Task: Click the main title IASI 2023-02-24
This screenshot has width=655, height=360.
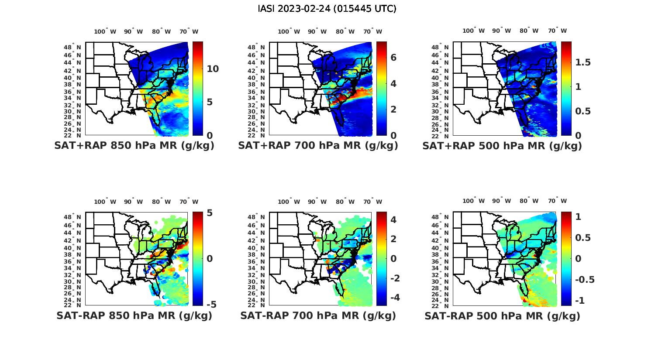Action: click(x=327, y=9)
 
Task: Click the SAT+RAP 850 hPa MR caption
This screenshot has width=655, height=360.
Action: click(x=134, y=146)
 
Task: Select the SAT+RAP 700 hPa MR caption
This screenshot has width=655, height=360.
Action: click(x=318, y=146)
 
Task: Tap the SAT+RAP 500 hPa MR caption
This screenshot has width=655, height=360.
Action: click(x=502, y=146)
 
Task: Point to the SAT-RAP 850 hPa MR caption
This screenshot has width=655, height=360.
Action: click(x=134, y=315)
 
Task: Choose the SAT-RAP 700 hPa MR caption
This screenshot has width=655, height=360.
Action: click(x=318, y=315)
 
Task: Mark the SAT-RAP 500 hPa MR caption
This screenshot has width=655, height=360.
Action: click(x=502, y=315)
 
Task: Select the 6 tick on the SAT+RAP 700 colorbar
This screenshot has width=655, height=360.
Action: click(x=393, y=58)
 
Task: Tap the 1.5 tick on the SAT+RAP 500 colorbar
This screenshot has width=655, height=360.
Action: click(x=583, y=62)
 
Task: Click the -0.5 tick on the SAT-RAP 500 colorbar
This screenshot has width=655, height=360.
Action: click(x=584, y=280)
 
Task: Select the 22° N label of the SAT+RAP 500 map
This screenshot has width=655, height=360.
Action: click(x=444, y=135)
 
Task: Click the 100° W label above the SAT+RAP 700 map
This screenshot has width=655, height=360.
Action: click(x=289, y=31)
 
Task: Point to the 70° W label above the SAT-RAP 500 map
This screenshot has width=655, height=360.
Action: click(x=557, y=201)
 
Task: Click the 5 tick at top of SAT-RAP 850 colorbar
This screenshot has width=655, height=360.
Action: click(x=210, y=213)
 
